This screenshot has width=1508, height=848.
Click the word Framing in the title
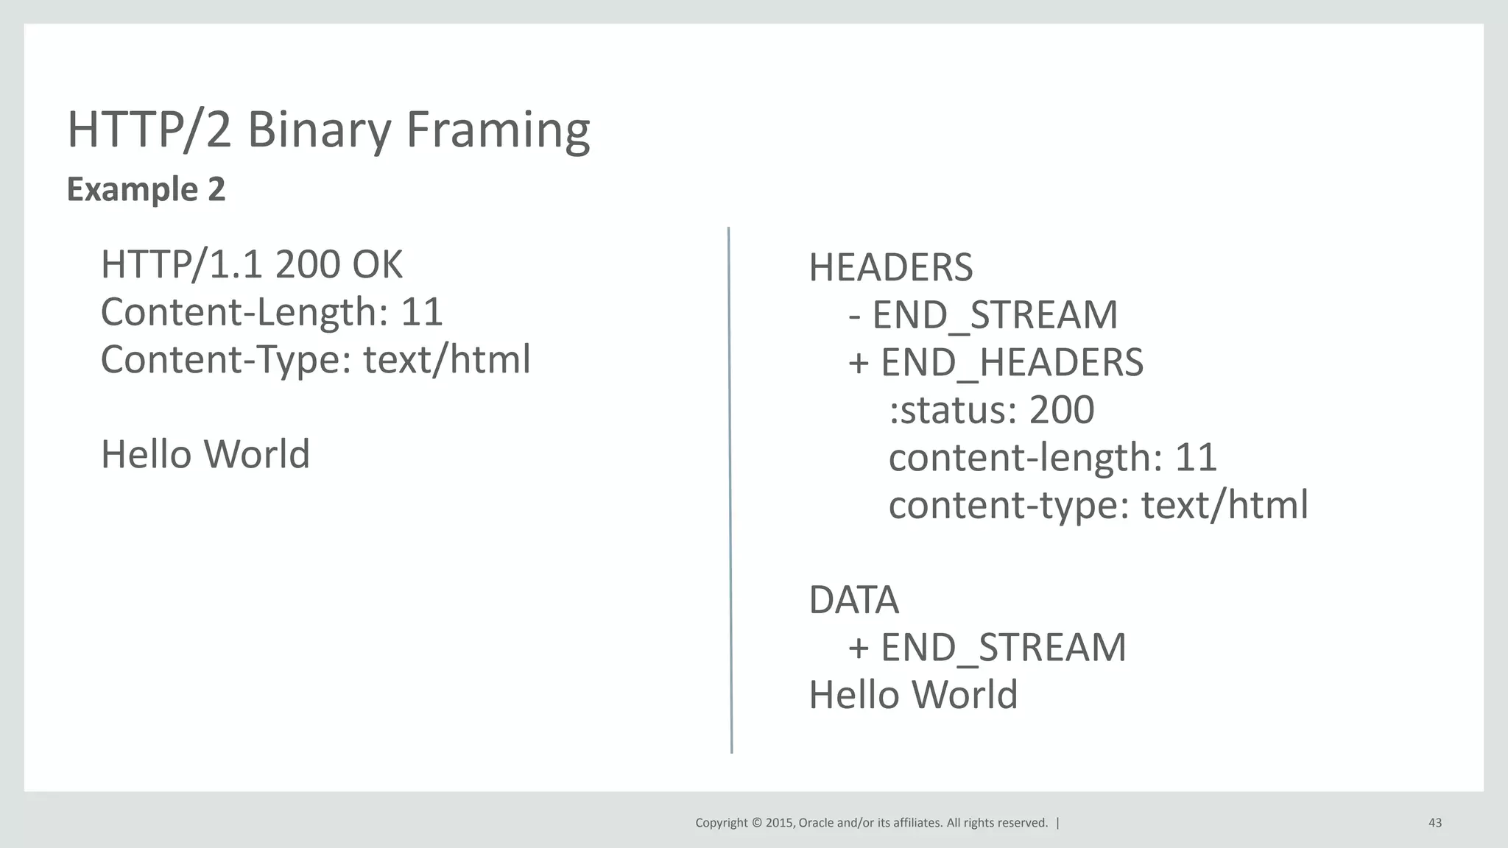[498, 130]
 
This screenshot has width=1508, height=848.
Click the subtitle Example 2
[146, 189]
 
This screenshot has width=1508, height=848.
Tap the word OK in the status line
[377, 264]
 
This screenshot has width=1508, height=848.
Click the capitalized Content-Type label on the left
[225, 360]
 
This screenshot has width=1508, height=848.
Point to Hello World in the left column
[205, 454]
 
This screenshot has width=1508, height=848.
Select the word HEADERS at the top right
[890, 267]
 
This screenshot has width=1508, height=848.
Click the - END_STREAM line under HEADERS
[983, 315]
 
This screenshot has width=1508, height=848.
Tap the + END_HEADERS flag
[996, 362]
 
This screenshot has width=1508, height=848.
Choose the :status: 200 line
[991, 410]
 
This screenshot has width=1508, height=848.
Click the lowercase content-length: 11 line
[1052, 457]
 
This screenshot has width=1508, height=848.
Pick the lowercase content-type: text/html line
[1098, 505]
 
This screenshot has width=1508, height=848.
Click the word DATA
[853, 600]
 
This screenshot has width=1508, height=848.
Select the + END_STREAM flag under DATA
[987, 647]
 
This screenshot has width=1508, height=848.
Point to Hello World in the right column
[913, 695]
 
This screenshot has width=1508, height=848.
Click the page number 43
[1434, 823]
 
